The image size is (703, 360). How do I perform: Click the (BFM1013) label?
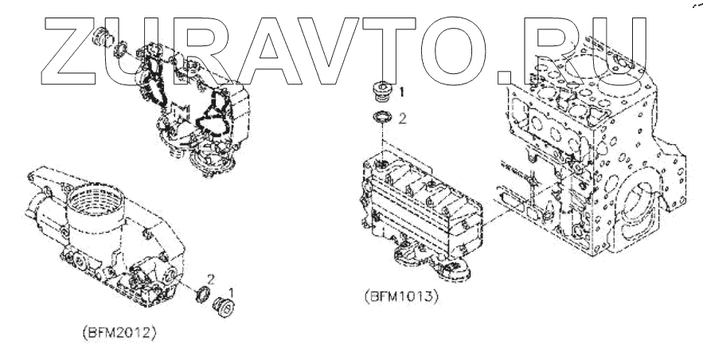click(400, 298)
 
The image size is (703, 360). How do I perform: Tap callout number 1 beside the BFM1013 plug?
click(402, 92)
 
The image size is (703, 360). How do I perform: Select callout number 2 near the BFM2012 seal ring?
click(210, 278)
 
